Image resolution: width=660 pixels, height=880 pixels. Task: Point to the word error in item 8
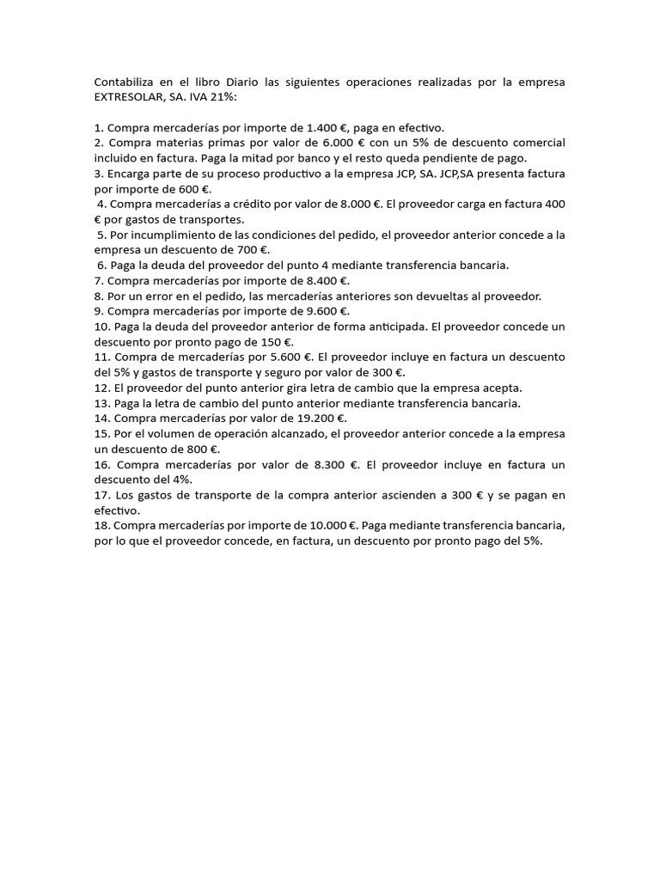point(175,296)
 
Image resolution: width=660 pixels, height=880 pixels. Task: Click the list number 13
point(101,403)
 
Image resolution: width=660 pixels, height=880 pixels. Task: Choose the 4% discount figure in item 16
point(182,480)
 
